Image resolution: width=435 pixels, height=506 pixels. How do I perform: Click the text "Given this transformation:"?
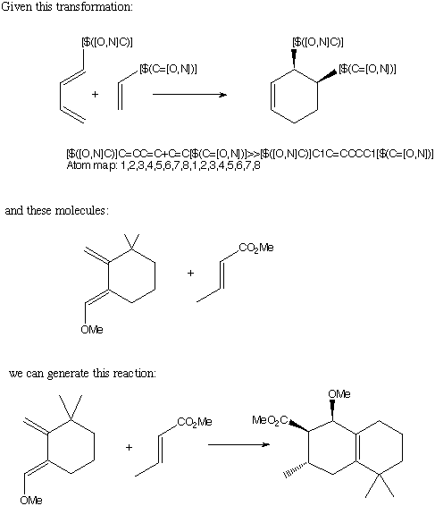[x=67, y=7]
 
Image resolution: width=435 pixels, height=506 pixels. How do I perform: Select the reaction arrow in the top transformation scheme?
[x=189, y=95]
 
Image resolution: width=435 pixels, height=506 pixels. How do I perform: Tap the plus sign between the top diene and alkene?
[x=95, y=94]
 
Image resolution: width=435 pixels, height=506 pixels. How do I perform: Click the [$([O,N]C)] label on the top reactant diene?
[x=107, y=42]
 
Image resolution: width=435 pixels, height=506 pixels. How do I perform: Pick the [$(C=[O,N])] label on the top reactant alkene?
[x=168, y=69]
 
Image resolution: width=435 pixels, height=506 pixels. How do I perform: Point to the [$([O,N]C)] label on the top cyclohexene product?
[x=318, y=42]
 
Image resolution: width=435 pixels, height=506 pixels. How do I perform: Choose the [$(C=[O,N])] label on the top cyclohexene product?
[x=367, y=69]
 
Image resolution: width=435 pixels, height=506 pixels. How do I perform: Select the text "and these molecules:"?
[x=57, y=211]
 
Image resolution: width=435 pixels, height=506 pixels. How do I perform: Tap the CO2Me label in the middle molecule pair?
[x=256, y=248]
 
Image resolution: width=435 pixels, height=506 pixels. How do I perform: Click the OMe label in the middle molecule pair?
[x=92, y=330]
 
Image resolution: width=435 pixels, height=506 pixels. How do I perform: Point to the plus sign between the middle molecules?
[x=190, y=273]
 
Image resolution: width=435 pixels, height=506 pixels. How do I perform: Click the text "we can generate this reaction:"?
[x=82, y=374]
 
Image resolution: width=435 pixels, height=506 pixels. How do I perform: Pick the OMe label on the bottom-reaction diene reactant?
[x=31, y=500]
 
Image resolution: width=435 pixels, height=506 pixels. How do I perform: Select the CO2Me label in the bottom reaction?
[x=195, y=422]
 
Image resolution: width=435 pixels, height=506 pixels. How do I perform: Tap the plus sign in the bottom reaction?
[x=129, y=447]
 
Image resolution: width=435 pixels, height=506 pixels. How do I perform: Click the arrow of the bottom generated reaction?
[x=238, y=444]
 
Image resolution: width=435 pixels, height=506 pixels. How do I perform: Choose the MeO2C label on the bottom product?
[x=270, y=420]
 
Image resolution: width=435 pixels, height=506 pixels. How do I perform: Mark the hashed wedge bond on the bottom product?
[x=296, y=470]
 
